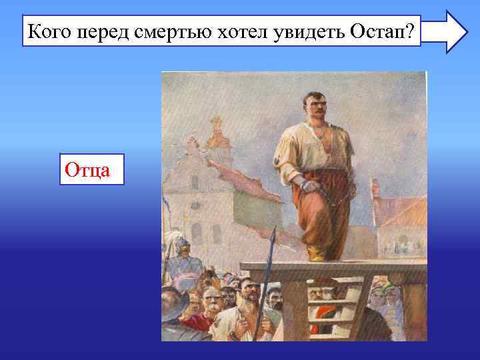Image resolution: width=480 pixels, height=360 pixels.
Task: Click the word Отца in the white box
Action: click(92, 171)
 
